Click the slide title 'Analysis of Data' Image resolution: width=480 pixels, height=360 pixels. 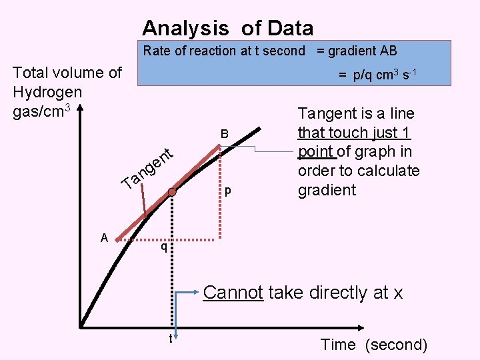click(x=227, y=28)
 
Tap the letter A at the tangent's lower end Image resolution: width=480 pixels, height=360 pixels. click(x=104, y=237)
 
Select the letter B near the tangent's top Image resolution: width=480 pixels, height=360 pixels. click(x=225, y=134)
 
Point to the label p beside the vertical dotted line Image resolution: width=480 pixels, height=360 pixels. click(x=228, y=190)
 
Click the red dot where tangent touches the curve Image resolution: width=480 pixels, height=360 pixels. click(x=172, y=193)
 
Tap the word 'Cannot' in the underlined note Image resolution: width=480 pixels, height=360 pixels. click(x=233, y=293)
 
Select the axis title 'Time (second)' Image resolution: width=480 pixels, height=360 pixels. click(x=373, y=345)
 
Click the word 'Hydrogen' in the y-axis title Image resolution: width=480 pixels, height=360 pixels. click(x=47, y=92)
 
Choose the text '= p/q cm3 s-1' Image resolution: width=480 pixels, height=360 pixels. click(x=377, y=75)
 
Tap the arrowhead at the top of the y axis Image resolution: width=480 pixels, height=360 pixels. click(x=79, y=108)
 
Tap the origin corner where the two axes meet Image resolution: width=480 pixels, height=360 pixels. click(x=80, y=327)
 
